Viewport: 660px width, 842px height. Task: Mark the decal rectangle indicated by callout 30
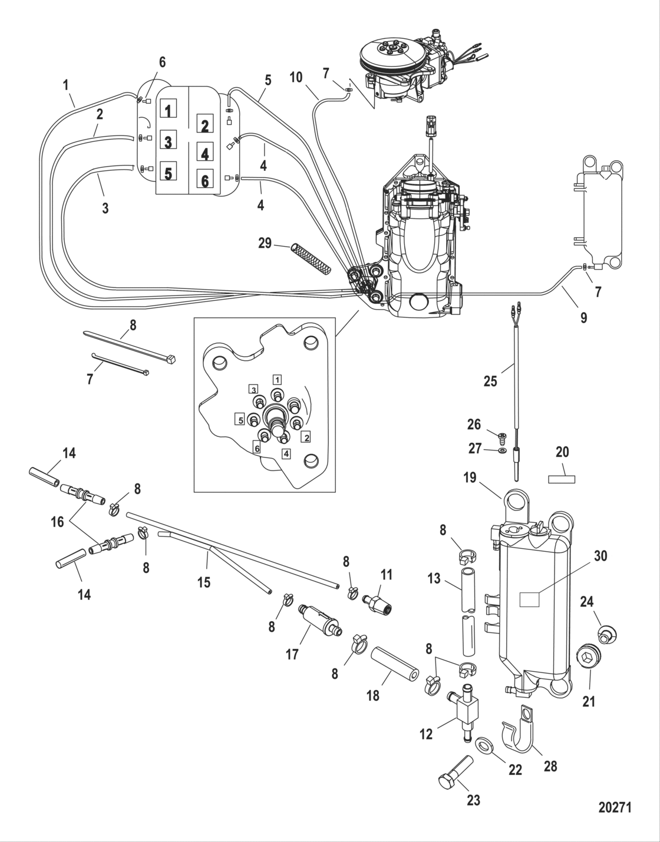(529, 599)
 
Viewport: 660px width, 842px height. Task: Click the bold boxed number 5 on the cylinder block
(168, 173)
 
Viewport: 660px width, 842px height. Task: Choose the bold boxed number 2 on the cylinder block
(204, 126)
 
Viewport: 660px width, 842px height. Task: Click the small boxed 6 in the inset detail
(257, 448)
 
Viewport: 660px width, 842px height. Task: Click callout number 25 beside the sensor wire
(490, 381)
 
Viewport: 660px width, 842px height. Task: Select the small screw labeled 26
(501, 438)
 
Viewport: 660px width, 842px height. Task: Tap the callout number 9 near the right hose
(583, 318)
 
